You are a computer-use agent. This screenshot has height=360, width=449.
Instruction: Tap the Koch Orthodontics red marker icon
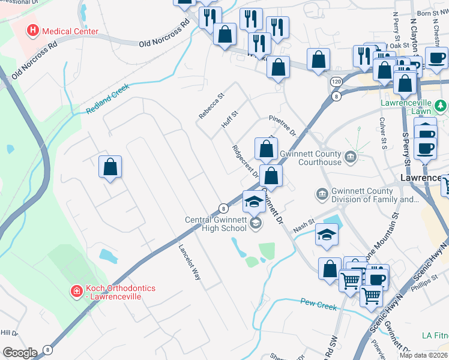point(76,292)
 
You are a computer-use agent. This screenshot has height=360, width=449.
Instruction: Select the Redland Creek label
point(107,100)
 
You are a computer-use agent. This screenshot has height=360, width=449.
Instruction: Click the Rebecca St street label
point(212,105)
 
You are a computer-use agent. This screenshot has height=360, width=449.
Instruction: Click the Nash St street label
point(304,227)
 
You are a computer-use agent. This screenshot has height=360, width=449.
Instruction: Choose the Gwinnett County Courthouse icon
point(351,158)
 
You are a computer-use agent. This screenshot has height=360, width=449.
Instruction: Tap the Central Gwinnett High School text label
point(217,223)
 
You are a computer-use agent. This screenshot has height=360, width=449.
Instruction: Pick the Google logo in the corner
point(20,352)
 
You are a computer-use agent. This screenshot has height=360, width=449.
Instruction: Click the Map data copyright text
point(424,355)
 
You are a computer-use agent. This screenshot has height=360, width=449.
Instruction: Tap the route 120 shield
point(336,80)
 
